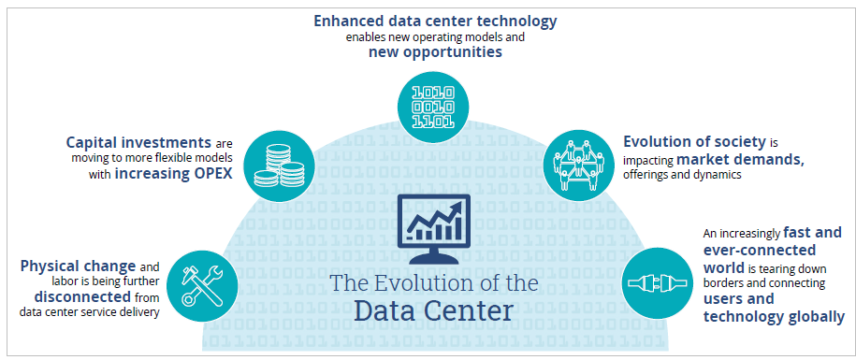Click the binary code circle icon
(433, 106)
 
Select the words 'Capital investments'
(138, 143)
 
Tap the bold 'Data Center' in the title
(433, 310)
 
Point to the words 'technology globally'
(774, 316)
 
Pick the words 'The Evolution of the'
(433, 282)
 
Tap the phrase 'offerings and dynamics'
(682, 175)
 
